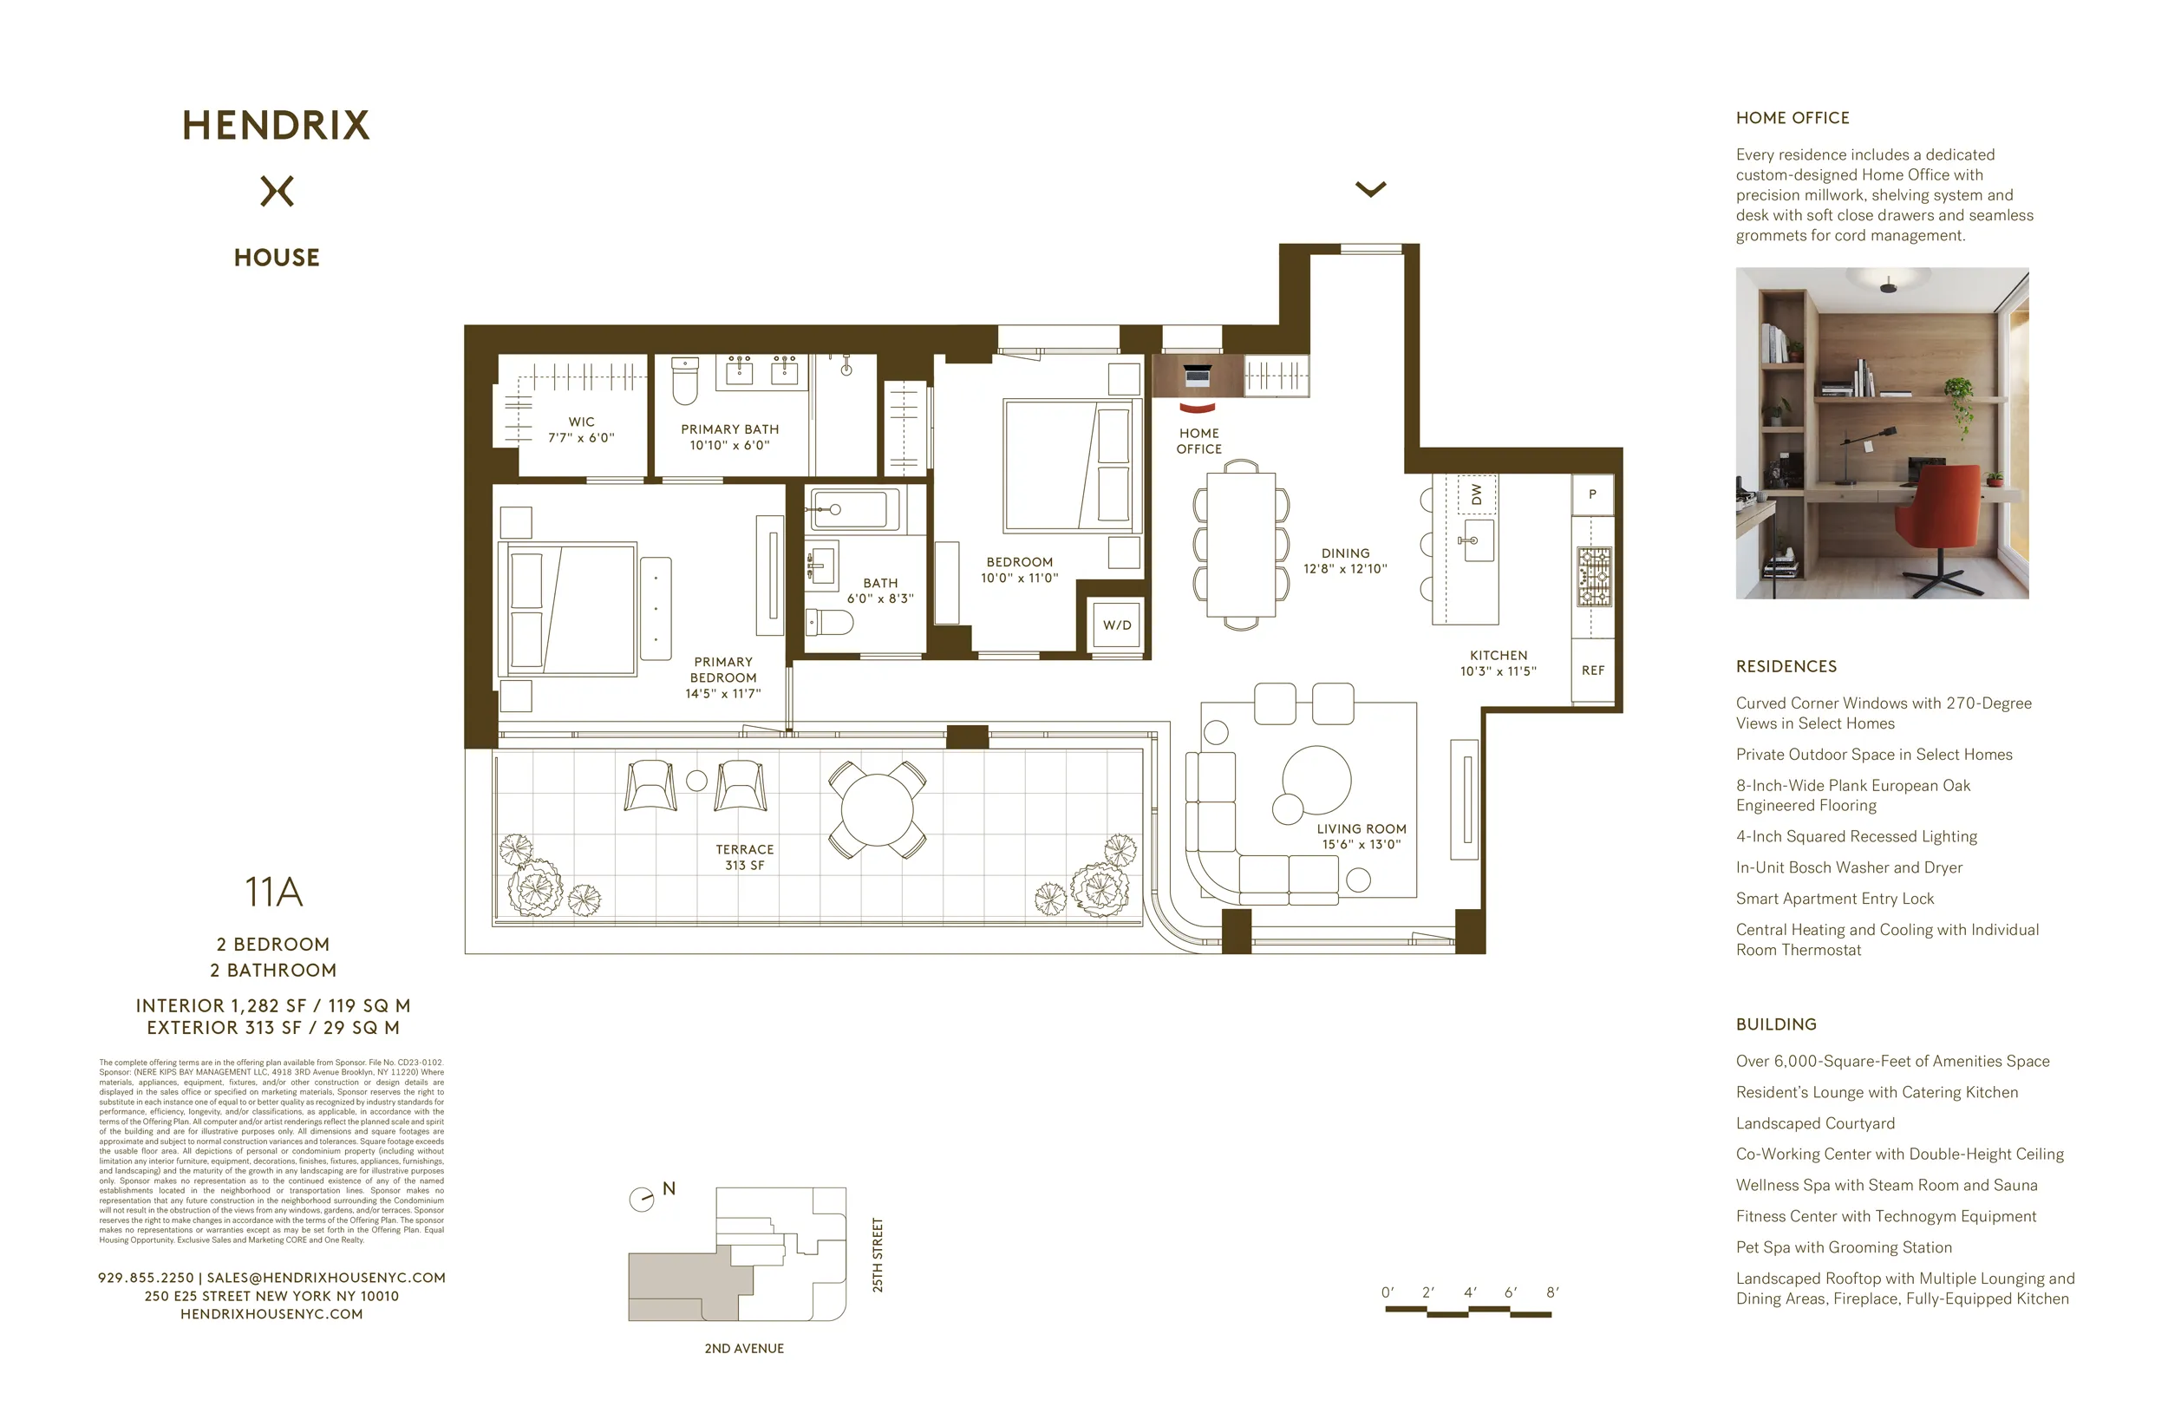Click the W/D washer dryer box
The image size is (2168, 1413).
1117,625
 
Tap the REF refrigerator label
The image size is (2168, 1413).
1592,671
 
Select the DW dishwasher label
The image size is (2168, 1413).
1476,494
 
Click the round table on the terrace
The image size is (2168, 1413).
877,810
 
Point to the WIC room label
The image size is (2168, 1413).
581,422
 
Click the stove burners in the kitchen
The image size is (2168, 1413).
1594,577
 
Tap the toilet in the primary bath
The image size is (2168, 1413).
684,380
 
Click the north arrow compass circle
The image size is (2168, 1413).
641,1199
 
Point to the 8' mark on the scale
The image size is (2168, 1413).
1552,1292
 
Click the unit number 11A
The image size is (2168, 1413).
273,892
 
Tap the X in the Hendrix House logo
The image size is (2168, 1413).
277,192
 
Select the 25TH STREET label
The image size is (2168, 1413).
878,1254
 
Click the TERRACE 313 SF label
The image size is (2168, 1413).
744,857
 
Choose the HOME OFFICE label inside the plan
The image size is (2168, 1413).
1198,441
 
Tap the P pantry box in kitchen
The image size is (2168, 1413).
1592,494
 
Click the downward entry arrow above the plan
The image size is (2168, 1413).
1370,188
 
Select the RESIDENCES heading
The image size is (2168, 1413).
1786,667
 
